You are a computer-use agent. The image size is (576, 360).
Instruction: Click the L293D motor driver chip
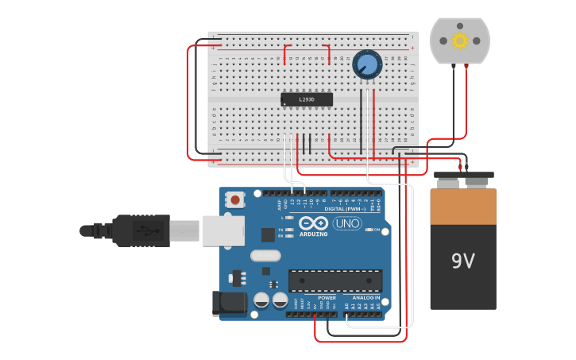pyautogui.click(x=306, y=99)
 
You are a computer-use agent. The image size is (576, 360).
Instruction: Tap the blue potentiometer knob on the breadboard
pyautogui.click(x=367, y=64)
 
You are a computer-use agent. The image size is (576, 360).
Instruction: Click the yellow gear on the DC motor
pyautogui.click(x=460, y=41)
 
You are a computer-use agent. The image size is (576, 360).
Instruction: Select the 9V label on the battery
pyautogui.click(x=462, y=261)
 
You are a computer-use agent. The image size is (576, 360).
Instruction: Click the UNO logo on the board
pyautogui.click(x=347, y=223)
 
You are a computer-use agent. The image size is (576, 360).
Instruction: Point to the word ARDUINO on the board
pyautogui.click(x=314, y=234)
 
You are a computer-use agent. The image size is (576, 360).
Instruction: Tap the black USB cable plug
pyautogui.click(x=140, y=230)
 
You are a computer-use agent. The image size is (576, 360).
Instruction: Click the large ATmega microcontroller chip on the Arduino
pyautogui.click(x=334, y=281)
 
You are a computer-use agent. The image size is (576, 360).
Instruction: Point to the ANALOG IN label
pyautogui.click(x=366, y=297)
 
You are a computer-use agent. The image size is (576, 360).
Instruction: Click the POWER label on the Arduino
pyautogui.click(x=327, y=297)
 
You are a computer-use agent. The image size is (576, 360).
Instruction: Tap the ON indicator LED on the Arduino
pyautogui.click(x=369, y=230)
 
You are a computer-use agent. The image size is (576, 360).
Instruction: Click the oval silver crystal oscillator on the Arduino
pyautogui.click(x=265, y=255)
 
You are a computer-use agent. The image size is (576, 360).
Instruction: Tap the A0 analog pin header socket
pyautogui.click(x=346, y=314)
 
